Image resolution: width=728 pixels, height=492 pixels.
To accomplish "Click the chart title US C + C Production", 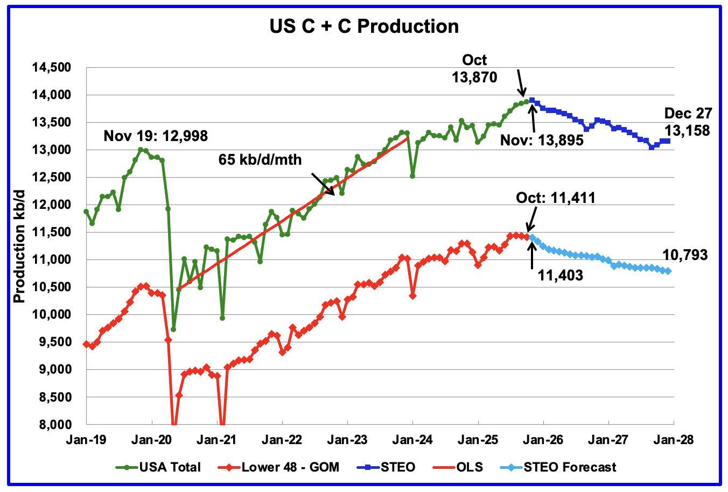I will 364,26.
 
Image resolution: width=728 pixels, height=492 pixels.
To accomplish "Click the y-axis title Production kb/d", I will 19,246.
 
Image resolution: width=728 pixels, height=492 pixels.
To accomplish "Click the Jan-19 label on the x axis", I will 86,440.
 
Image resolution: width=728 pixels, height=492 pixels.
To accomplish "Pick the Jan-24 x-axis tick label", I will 412,440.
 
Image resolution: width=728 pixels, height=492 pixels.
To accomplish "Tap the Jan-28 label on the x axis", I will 673,440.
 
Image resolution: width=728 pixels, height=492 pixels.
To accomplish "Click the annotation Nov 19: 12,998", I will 156,136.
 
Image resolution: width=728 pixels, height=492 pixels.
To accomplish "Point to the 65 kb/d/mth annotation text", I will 260,159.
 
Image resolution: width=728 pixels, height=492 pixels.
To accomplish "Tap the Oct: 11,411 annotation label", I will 556,198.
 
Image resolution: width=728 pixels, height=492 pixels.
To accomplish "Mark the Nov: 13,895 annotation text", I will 542,140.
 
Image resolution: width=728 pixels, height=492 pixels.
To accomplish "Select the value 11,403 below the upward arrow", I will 560,275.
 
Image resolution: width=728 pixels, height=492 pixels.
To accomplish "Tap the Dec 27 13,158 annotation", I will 687,122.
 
